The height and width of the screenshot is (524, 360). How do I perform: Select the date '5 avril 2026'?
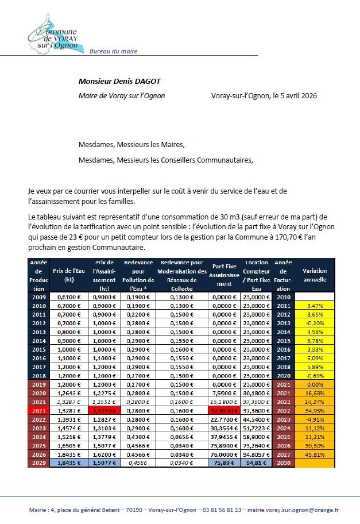[x=293, y=95]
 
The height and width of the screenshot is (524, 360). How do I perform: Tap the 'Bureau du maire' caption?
[x=113, y=51]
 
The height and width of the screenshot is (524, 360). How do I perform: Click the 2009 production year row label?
[x=38, y=296]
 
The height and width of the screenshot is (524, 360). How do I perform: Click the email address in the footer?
[x=292, y=509]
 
